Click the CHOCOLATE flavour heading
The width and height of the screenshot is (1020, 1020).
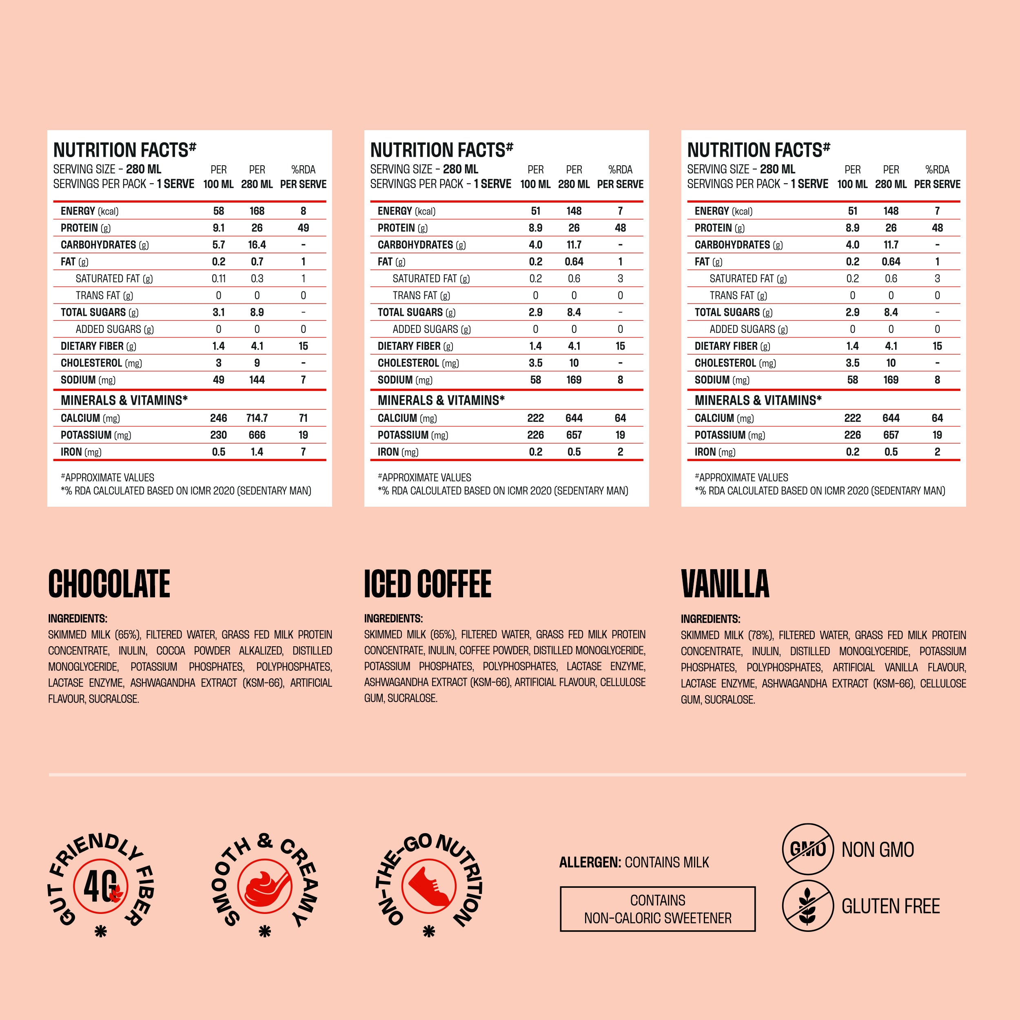[109, 584]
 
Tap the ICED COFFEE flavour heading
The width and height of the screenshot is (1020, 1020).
[428, 584]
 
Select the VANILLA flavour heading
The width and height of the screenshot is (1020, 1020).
[725, 584]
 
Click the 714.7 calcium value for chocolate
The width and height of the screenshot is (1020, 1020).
[257, 418]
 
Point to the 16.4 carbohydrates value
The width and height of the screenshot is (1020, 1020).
[257, 245]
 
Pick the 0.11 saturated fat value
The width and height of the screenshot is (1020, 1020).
[219, 279]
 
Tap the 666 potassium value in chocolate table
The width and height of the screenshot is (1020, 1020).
[257, 435]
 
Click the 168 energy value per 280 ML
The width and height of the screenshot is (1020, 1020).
[257, 211]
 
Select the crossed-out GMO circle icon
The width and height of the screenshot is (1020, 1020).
[807, 849]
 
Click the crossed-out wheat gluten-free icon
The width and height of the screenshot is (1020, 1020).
[807, 906]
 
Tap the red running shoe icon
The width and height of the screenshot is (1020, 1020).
[429, 886]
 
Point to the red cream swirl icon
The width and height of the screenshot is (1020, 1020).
[264, 886]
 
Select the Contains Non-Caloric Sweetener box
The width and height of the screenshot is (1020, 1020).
[657, 909]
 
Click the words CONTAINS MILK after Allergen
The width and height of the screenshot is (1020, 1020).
[667, 862]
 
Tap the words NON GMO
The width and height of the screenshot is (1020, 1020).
[878, 849]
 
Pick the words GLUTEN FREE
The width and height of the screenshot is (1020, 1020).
[891, 906]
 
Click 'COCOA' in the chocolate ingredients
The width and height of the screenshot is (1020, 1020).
[171, 651]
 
